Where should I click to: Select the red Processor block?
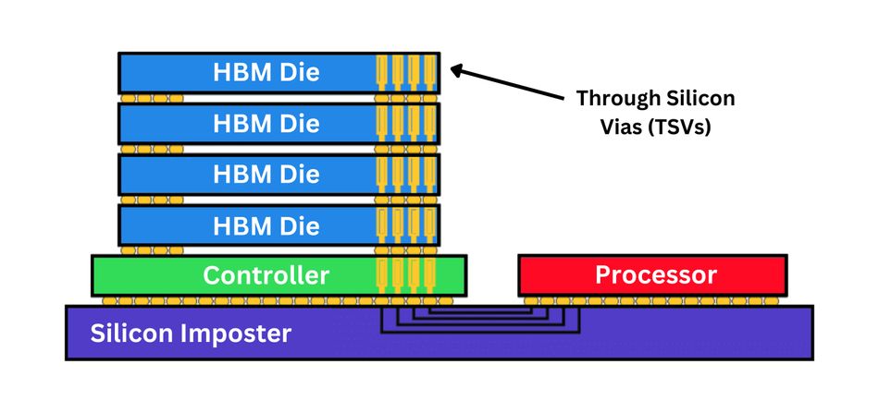coord(653,275)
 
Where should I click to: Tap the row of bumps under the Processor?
coord(653,301)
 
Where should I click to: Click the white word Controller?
coord(266,275)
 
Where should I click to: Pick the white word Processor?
coord(655,275)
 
